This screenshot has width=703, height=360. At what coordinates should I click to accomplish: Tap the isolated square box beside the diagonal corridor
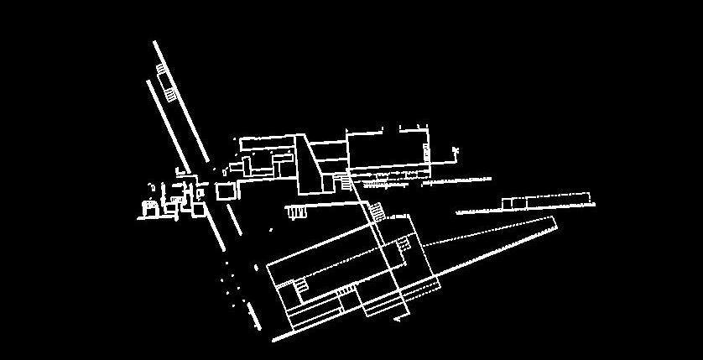click(226, 191)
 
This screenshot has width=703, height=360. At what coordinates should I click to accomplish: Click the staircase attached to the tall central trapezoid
click(346, 181)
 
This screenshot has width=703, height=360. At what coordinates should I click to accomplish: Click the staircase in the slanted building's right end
click(404, 244)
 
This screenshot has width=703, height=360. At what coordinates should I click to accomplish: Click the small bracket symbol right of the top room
click(456, 151)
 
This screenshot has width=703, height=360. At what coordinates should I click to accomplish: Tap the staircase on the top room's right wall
click(426, 153)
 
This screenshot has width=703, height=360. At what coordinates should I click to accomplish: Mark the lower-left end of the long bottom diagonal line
click(274, 342)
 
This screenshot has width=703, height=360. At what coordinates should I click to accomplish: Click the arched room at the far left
click(150, 206)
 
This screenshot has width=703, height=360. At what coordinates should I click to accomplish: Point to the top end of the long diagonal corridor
click(155, 42)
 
